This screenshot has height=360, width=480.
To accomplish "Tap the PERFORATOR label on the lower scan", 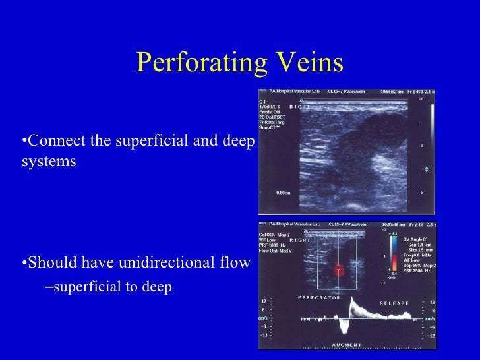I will coord(319,297).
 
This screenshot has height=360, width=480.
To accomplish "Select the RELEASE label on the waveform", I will coord(394,303).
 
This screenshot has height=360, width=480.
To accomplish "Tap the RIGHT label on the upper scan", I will coord(299,107).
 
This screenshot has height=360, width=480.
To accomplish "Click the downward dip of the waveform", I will coord(343,328).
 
